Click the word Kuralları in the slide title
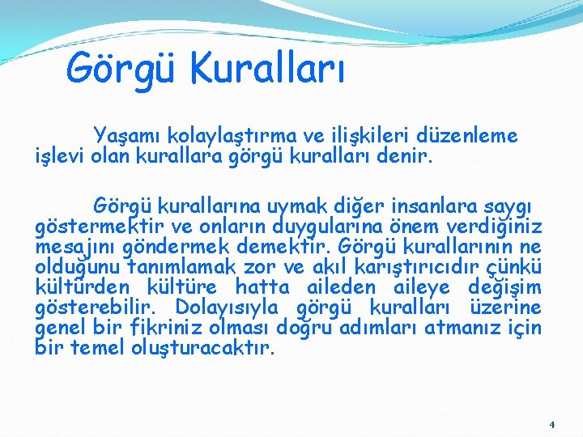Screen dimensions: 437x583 [x=268, y=68]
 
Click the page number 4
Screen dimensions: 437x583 [x=551, y=424]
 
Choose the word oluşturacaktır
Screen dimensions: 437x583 [x=202, y=350]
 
